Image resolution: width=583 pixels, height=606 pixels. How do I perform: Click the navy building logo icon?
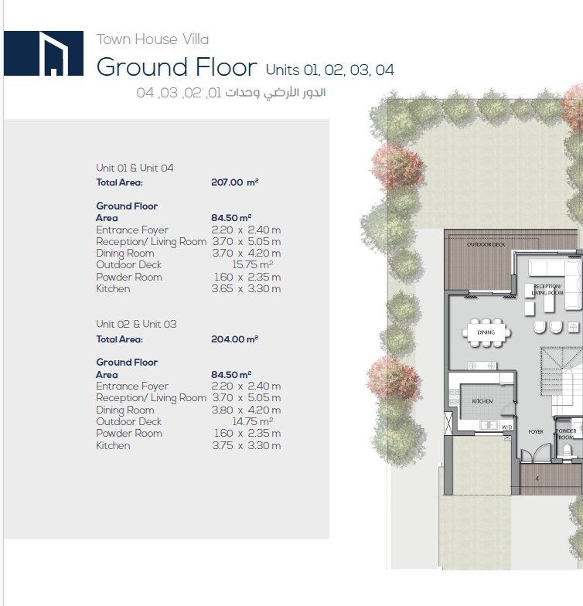point(43,53)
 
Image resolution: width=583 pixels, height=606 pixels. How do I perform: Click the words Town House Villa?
point(152,39)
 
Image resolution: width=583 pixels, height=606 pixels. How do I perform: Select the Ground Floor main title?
point(176,67)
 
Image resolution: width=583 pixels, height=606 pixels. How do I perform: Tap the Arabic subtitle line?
point(230,93)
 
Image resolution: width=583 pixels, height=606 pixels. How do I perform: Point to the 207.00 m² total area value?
point(235,182)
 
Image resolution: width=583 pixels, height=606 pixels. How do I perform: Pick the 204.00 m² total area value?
point(235,339)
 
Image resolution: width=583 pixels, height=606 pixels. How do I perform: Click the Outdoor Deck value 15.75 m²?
point(252,264)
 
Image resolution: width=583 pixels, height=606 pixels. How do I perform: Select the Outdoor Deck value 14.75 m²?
point(252,421)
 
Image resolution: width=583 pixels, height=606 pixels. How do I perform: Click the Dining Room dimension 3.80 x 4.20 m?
point(246,410)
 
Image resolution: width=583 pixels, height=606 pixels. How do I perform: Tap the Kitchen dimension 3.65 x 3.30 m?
point(246,289)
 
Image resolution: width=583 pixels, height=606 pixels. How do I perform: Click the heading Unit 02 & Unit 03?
point(136,324)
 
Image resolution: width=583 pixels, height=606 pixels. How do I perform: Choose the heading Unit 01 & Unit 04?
point(135,168)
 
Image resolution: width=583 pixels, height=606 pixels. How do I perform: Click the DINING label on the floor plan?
point(486,332)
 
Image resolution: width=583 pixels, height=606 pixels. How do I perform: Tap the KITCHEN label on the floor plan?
point(482,401)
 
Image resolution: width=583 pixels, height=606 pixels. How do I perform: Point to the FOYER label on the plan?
point(536,431)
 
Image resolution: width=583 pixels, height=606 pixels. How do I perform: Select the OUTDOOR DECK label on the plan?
point(486,244)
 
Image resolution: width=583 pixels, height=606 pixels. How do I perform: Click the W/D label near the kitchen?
point(507,427)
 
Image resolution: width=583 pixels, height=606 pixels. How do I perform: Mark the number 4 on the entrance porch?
point(537,478)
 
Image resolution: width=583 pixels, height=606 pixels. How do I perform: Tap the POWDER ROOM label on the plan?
point(566,434)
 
